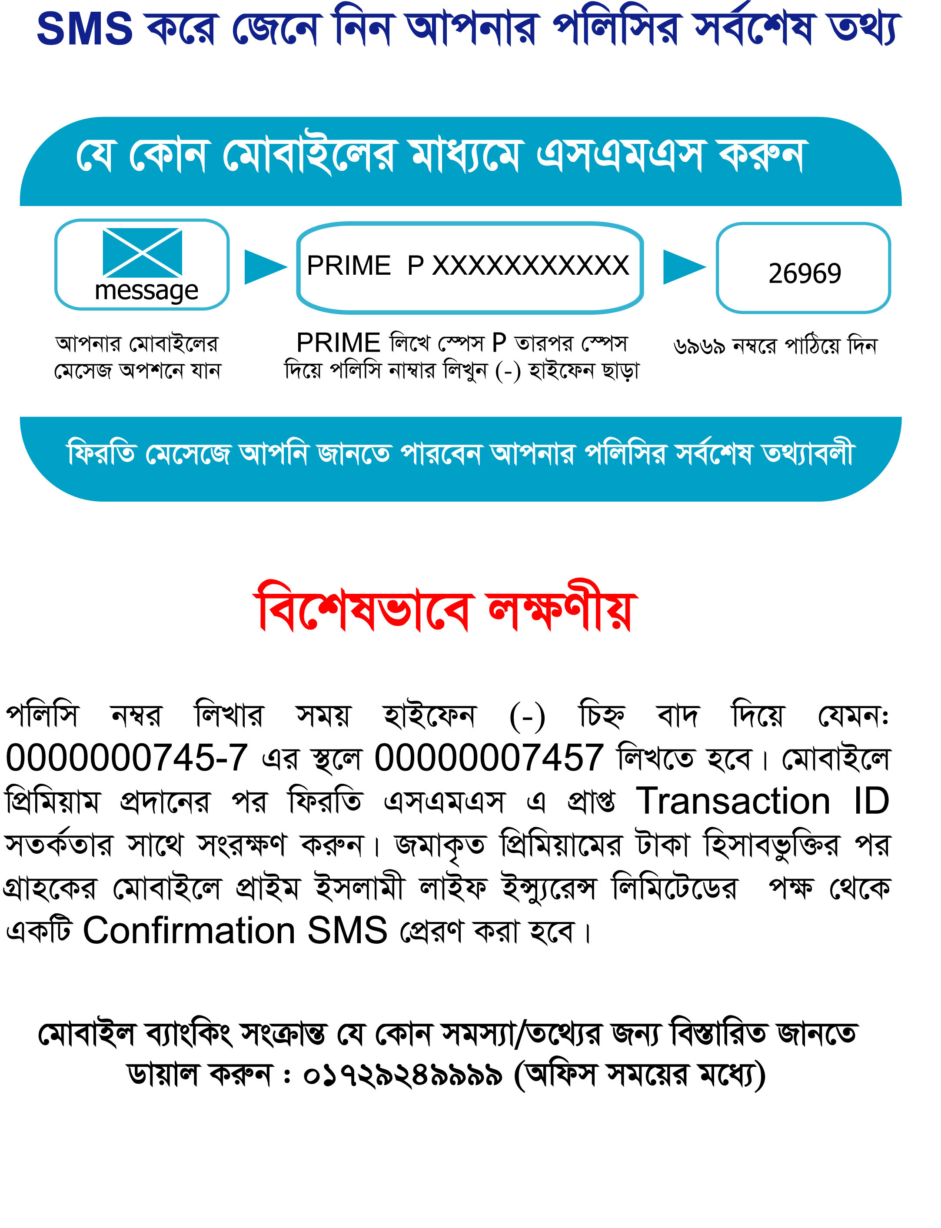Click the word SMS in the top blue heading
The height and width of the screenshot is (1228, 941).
coord(85,29)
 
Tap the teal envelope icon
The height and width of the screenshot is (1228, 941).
coord(142,252)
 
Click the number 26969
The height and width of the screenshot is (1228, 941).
coord(805,274)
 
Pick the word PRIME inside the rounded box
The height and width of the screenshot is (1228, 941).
coord(349,266)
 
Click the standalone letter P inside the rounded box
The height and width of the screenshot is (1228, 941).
coord(415,266)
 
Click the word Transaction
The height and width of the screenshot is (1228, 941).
coord(733,801)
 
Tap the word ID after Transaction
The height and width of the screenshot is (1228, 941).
coord(871,801)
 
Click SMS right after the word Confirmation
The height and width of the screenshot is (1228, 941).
coord(347,931)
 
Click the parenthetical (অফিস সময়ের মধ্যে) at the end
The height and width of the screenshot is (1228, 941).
coord(639,1075)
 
